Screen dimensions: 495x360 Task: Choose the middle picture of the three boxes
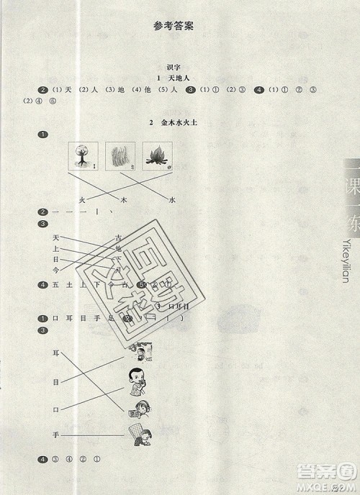click(119, 157)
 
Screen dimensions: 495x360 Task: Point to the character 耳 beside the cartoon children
click(56, 353)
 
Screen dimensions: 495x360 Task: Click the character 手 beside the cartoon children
click(56, 436)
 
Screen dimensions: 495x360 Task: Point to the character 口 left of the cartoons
click(56, 409)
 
